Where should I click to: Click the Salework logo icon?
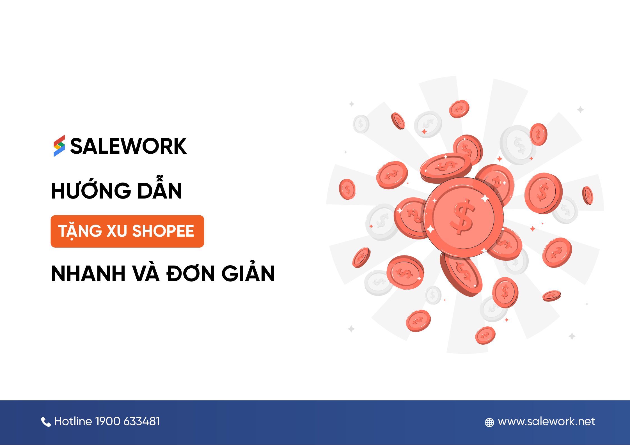pyautogui.click(x=59, y=146)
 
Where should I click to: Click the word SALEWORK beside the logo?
pyautogui.click(x=128, y=146)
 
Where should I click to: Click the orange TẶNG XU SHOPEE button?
pyautogui.click(x=127, y=231)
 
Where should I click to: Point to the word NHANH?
pyautogui.click(x=88, y=274)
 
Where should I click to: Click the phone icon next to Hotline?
pyautogui.click(x=46, y=422)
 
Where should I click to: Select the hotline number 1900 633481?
pyautogui.click(x=127, y=421)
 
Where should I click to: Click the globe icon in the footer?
pyautogui.click(x=489, y=422)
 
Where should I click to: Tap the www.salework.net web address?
pyautogui.click(x=546, y=421)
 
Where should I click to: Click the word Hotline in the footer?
pyautogui.click(x=73, y=421)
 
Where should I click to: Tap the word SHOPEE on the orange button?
pyautogui.click(x=163, y=231)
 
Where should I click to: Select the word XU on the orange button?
pyautogui.click(x=117, y=231)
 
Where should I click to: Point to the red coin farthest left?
pyautogui.click(x=347, y=189)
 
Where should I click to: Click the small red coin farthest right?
pyautogui.click(x=588, y=195)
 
